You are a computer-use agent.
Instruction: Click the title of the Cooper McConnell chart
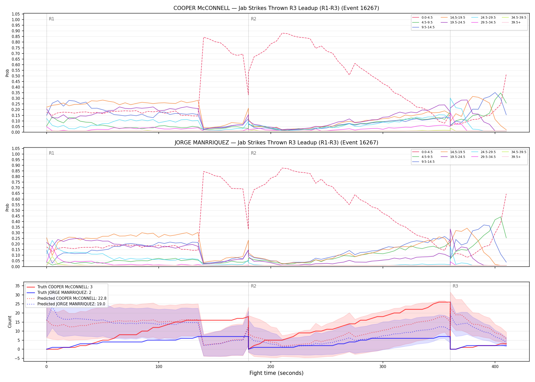[276, 8]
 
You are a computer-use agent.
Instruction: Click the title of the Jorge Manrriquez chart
[276, 143]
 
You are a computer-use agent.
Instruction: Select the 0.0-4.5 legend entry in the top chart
[423, 18]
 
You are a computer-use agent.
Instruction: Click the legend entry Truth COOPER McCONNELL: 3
[59, 287]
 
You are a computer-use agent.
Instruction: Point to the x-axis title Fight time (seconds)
[276, 373]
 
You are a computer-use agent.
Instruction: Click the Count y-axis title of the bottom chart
[10, 322]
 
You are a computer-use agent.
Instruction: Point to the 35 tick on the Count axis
[17, 286]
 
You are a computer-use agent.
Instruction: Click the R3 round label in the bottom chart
[455, 286]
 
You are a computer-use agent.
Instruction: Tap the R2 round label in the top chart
[253, 19]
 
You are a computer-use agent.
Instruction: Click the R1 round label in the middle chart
[51, 153]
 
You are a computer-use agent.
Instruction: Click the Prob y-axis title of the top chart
[7, 73]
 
